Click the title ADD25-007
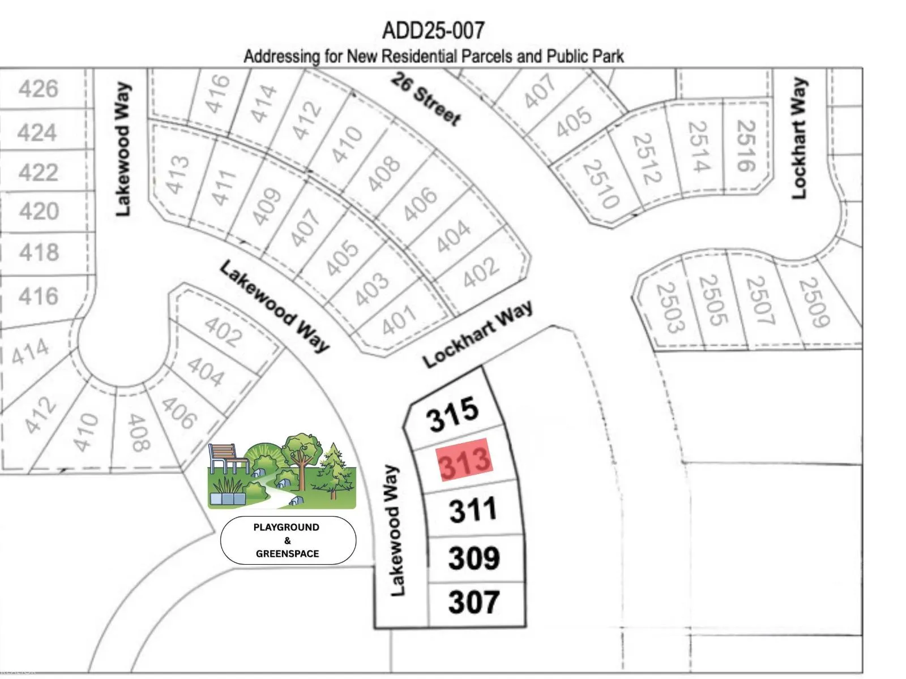[x=433, y=30]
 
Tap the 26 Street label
[x=426, y=99]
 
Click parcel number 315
[x=452, y=414]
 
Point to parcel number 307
[x=473, y=601]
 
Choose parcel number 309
[x=474, y=558]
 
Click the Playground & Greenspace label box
[x=288, y=540]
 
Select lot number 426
[x=39, y=89]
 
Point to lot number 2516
[x=746, y=145]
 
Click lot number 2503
[x=670, y=307]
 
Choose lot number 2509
[x=814, y=302]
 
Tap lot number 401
[x=399, y=321]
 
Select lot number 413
[x=177, y=174]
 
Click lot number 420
[x=39, y=212]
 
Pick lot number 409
[x=266, y=206]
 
